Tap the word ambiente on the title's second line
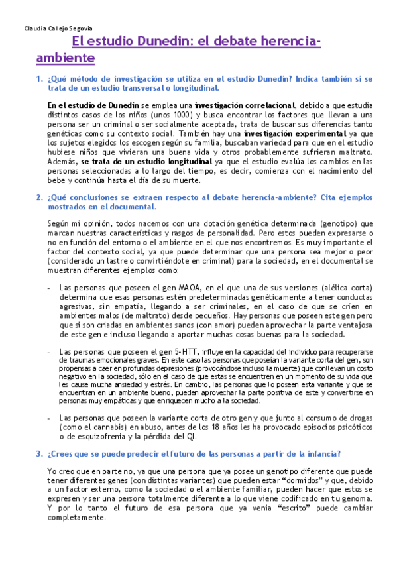pyautogui.click(x=65, y=58)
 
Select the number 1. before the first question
pyautogui.click(x=38, y=80)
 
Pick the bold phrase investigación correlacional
pyautogui.click(x=245, y=105)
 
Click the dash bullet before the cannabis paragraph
pyautogui.click(x=50, y=418)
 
